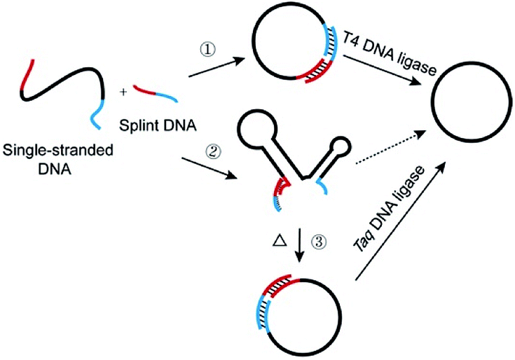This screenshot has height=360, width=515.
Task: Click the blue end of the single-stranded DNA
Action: (95, 116)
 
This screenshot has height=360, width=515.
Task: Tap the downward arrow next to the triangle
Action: (301, 245)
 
